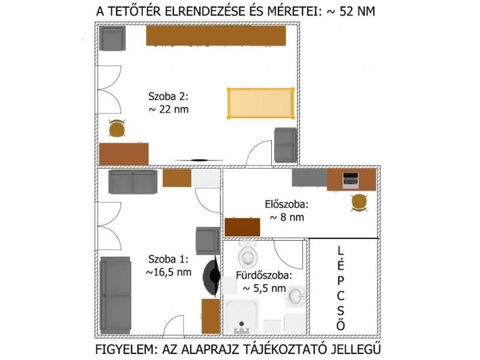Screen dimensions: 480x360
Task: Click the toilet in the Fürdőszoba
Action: (248, 254)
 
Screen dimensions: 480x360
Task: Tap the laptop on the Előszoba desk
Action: (350, 181)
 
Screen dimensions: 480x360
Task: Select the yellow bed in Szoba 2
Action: (260, 103)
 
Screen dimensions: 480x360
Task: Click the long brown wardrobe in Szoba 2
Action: (216, 36)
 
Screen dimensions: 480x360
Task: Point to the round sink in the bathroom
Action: (296, 296)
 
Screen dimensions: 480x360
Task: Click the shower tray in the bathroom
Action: (242, 316)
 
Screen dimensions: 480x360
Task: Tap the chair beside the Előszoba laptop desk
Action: (359, 202)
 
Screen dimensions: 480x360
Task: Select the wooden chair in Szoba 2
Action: (117, 128)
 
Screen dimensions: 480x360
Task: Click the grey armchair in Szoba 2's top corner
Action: (112, 38)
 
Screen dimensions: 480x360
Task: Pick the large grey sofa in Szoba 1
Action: (115, 295)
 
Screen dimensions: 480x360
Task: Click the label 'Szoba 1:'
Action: (169, 259)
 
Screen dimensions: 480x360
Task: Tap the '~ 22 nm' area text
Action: (169, 109)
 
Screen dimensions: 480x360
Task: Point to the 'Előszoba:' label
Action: (287, 204)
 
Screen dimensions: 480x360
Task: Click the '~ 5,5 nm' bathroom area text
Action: (264, 289)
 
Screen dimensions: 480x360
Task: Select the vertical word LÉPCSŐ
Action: (341, 288)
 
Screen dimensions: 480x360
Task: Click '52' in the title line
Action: (346, 11)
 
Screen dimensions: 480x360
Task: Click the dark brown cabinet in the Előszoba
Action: (242, 227)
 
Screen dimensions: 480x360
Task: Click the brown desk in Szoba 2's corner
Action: (124, 154)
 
